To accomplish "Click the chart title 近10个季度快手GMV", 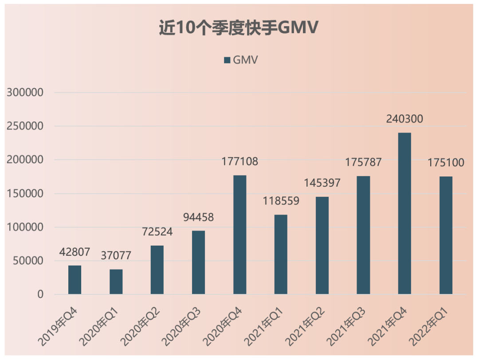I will [239, 28].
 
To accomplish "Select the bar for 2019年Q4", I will [75, 280].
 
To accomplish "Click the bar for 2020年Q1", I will [116, 282].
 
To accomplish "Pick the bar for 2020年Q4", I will [240, 235].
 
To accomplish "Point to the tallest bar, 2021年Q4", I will [404, 213].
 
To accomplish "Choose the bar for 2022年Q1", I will [446, 235].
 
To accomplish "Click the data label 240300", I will [404, 119].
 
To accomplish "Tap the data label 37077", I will [116, 256].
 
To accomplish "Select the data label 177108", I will [240, 162].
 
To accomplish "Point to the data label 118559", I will [281, 201].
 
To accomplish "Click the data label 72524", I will [157, 232].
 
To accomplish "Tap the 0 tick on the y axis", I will [41, 294].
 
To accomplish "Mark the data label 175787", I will [364, 162].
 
